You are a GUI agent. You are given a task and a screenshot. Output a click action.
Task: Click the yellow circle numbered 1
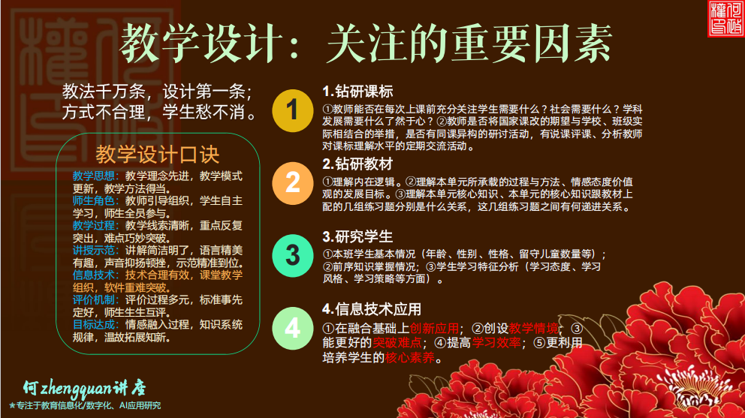point(293,110)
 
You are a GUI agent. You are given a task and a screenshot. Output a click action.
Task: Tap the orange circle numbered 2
point(293,183)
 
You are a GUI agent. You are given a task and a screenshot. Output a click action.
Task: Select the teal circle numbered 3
point(293,256)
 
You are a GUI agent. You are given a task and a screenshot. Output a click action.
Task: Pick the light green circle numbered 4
point(293,328)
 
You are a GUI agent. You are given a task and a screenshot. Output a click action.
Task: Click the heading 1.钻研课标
point(357,92)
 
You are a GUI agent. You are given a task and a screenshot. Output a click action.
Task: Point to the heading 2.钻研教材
point(357,164)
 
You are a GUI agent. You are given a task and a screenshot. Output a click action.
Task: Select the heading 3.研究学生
point(357,236)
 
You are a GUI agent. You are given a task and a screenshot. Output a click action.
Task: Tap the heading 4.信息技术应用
point(372,309)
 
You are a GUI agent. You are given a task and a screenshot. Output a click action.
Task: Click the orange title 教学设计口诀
point(157,155)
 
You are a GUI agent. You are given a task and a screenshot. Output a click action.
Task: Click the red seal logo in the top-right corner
point(725,18)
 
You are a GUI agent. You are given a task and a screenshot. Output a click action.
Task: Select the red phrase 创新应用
point(434,328)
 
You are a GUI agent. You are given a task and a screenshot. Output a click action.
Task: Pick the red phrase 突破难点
point(397,342)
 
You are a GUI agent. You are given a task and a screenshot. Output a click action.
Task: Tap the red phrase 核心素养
point(409,357)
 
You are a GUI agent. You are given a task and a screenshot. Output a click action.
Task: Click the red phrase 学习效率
point(496,342)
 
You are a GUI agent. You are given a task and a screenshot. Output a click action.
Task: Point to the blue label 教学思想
point(94,176)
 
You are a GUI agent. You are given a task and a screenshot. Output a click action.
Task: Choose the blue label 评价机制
point(94,299)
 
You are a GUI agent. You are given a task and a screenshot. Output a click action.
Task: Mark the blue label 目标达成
point(94,324)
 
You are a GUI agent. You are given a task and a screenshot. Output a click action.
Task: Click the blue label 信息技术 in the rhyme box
point(94,275)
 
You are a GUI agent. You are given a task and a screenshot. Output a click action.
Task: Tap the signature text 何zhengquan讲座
point(84,389)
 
